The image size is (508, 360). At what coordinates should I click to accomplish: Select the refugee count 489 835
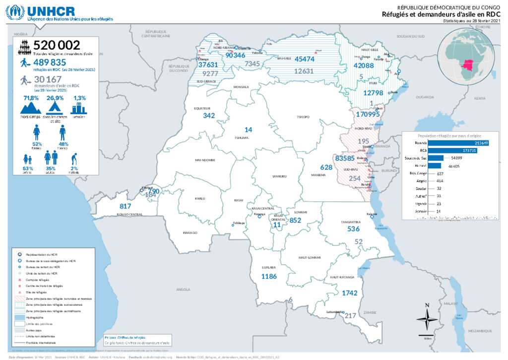[50, 63]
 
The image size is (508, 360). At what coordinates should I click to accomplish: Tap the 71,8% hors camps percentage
[31, 98]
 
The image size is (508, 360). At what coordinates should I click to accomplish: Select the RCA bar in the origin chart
[452, 150]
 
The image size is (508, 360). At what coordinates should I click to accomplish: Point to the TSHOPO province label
[303, 117]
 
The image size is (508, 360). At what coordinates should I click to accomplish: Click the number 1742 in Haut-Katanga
[349, 293]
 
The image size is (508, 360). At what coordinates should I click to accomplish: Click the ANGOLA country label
[183, 288]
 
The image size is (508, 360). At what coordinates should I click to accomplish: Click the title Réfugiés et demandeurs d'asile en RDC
[441, 14]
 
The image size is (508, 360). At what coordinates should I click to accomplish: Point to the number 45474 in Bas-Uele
[304, 59]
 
